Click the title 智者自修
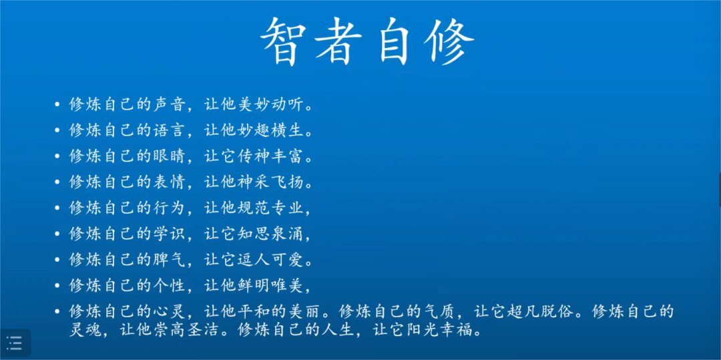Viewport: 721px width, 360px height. pos(367,42)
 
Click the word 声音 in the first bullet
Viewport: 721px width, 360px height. pos(168,105)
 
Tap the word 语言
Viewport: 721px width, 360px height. pos(168,131)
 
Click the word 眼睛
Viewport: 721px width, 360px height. pos(168,157)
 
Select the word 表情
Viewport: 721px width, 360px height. pos(168,182)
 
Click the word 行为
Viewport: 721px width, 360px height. pos(168,208)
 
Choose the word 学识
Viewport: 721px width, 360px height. pos(168,234)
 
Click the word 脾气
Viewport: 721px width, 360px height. pos(168,260)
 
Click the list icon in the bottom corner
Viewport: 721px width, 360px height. pos(15,343)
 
